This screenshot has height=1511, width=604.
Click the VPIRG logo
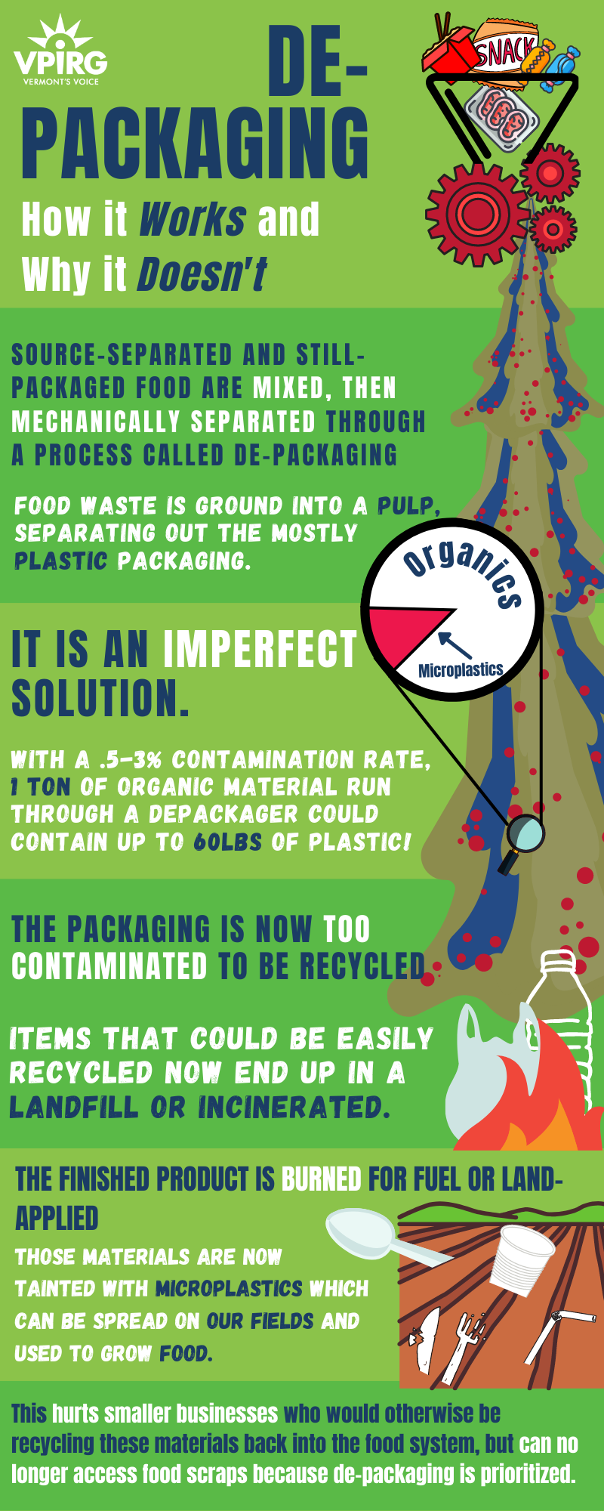coord(60,51)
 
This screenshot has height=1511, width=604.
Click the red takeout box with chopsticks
coord(447,47)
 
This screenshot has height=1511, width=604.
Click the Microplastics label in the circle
coord(461,669)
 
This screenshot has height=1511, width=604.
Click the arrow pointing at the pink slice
coord(455,644)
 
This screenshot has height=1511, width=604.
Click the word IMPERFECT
coord(260,649)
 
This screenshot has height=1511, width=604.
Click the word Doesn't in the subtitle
coord(202,274)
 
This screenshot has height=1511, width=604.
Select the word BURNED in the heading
coord(321,1179)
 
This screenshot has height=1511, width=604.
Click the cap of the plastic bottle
coord(557,959)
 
